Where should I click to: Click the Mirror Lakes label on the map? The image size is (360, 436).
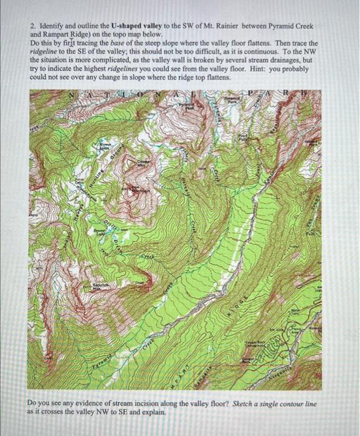coord(100,148)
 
